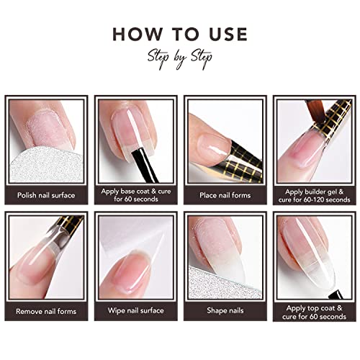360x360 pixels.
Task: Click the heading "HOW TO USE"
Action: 180,34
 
